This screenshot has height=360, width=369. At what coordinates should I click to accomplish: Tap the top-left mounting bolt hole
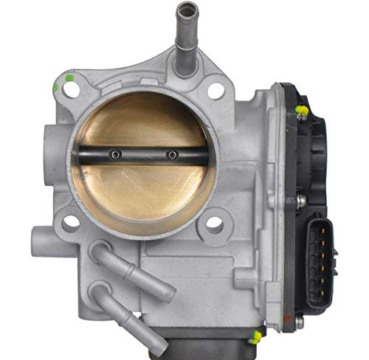pyautogui.click(x=71, y=90)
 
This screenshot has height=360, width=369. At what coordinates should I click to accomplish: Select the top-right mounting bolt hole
pyautogui.click(x=215, y=91)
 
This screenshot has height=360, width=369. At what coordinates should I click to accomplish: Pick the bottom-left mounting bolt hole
pyautogui.click(x=71, y=221)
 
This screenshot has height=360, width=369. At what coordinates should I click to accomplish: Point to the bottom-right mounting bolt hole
pyautogui.click(x=214, y=221)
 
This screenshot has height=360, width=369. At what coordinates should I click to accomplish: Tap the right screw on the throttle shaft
pyautogui.click(x=171, y=154)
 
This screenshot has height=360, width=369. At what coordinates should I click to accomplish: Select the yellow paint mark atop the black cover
pyautogui.click(x=301, y=111)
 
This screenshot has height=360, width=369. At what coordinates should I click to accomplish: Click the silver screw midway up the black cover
pyautogui.click(x=302, y=200)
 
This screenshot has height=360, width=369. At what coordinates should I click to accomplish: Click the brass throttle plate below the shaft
pyautogui.click(x=140, y=192)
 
